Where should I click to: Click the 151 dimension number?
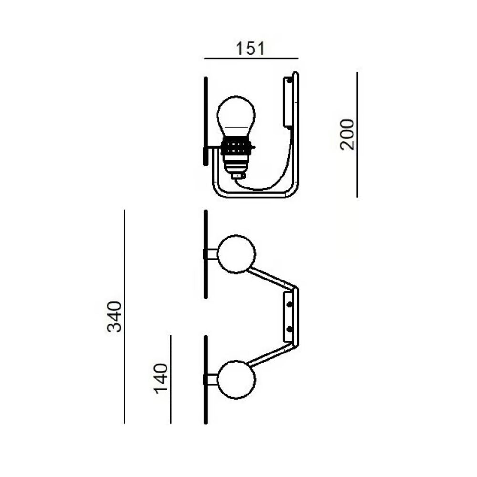coord(250,49)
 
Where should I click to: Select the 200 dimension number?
coord(347,135)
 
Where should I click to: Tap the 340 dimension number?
coord(115,316)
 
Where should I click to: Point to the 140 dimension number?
coord(161,378)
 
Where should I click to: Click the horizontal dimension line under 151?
coord(251,58)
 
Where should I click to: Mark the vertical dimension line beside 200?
coord(357,135)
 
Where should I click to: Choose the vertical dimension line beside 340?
coord(124,316)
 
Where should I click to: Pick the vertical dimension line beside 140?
coord(171,379)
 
